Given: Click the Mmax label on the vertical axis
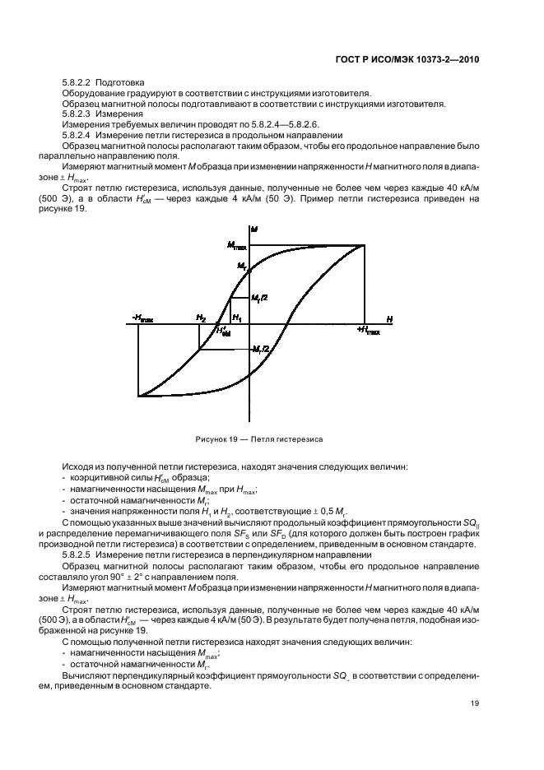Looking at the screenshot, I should pyautogui.click(x=236, y=245).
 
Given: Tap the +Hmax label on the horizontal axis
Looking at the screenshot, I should pyautogui.click(x=368, y=330).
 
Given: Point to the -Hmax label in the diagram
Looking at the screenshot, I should pyautogui.click(x=142, y=318).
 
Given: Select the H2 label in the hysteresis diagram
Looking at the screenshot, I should pyautogui.click(x=200, y=318).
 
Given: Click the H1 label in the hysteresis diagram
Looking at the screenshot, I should pyautogui.click(x=238, y=318).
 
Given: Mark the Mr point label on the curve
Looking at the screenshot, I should pyautogui.click(x=242, y=266).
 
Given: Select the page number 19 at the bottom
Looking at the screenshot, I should pyautogui.click(x=476, y=703).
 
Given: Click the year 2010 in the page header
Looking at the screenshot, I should pyautogui.click(x=466, y=59).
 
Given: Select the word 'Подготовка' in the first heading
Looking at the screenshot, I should pyautogui.click(x=119, y=82).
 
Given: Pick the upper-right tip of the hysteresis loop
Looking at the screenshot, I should pyautogui.click(x=364, y=245).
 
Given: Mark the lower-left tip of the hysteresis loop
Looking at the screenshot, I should pyautogui.click(x=139, y=396).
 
